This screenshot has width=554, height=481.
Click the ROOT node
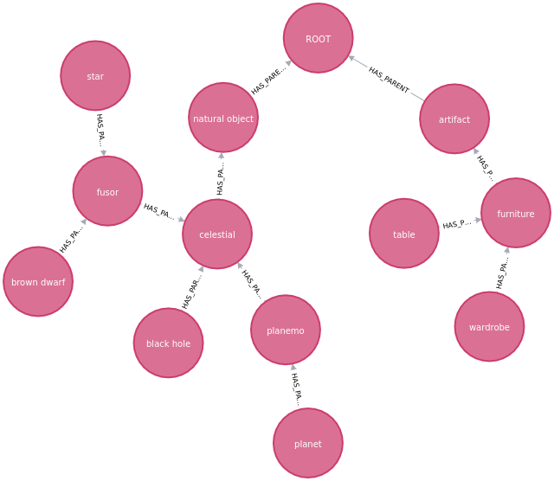pos(319,38)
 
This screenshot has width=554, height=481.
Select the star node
pos(95,76)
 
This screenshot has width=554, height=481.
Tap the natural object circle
pos(223,119)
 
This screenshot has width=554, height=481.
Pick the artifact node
pos(454,119)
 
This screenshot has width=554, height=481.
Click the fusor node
pos(107,192)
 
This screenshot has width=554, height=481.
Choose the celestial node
pos(217,234)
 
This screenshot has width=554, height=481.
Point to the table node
pos(404,234)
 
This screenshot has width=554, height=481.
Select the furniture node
pos(516,214)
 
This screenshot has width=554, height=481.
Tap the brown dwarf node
pos(38,282)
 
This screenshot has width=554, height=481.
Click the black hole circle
pos(168,343)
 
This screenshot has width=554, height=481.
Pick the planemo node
pos(286,330)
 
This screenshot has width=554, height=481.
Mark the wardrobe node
pos(489,327)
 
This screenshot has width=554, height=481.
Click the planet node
pos(308,444)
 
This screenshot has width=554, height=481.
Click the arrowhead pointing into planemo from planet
pos(293,368)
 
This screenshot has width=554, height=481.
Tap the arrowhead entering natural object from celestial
pos(222,157)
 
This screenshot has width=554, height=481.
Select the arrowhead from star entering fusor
pos(104,153)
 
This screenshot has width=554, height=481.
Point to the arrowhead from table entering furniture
pos(477,221)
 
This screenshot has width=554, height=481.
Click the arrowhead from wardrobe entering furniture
pos(507,251)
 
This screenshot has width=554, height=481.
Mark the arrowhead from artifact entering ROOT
pos(352,59)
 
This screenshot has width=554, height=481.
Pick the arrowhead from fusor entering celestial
pos(181,220)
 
